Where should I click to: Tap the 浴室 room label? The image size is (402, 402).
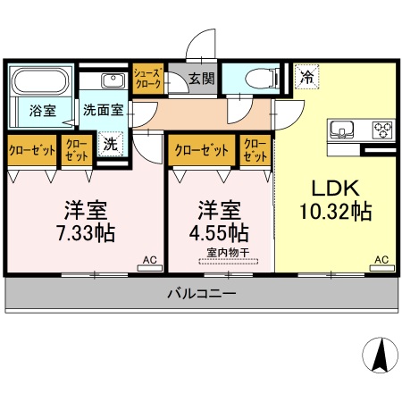[42, 112]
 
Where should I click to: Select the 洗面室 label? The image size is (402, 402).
[103, 112]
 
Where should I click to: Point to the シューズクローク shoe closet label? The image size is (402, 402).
[147, 77]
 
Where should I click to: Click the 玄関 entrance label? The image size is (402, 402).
[201, 78]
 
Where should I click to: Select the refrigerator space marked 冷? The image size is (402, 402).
[306, 78]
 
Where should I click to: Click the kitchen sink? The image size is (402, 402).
[344, 130]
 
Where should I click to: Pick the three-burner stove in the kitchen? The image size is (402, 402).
[381, 130]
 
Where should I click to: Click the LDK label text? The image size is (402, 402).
[335, 188]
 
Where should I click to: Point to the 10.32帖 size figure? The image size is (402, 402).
[335, 213]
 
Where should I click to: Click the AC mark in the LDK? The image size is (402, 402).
[381, 260]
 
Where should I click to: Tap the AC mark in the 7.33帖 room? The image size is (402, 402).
[149, 260]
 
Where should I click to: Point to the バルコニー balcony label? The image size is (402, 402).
[201, 292]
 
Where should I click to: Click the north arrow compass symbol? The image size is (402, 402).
[381, 356]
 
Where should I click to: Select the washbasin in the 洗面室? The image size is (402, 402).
[115, 83]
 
